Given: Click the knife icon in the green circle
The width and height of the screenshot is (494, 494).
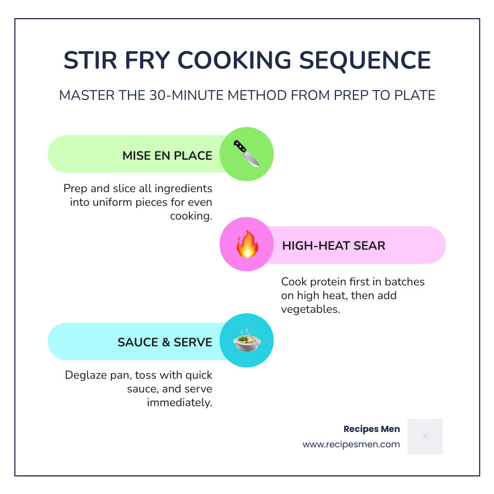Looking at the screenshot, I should [x=246, y=154].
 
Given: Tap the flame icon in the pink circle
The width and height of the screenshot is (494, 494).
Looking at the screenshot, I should [x=246, y=245].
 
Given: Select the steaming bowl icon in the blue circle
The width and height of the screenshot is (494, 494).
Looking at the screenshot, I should [x=246, y=341].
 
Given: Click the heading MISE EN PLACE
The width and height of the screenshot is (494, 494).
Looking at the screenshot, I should [x=167, y=155].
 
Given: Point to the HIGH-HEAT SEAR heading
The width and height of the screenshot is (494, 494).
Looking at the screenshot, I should [x=334, y=245].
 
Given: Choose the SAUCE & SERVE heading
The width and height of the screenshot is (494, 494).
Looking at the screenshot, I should [x=165, y=342].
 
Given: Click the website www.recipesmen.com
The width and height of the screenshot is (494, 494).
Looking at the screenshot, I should [x=351, y=445].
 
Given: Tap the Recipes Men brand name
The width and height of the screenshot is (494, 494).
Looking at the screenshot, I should [x=372, y=429].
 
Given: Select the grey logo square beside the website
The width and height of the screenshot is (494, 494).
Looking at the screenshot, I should [x=425, y=437].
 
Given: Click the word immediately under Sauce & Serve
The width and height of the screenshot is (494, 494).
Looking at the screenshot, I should [x=179, y=402].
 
